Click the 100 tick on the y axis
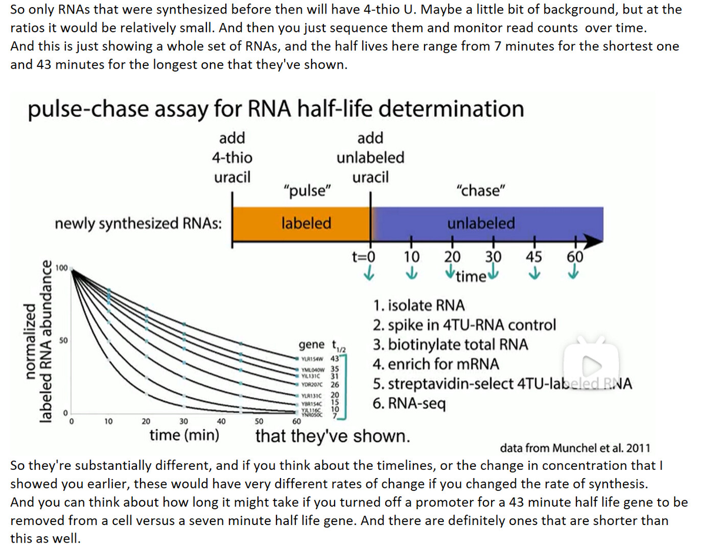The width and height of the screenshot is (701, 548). click(x=61, y=268)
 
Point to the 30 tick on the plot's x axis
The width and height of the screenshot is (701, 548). click(x=183, y=421)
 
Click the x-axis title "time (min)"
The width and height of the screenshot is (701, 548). click(x=185, y=436)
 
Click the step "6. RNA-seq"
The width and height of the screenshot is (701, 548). click(x=410, y=404)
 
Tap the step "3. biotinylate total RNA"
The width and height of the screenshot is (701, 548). click(x=452, y=345)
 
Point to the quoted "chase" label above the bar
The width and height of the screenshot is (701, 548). click(x=480, y=191)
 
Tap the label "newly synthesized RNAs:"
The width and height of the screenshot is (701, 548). click(x=138, y=223)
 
